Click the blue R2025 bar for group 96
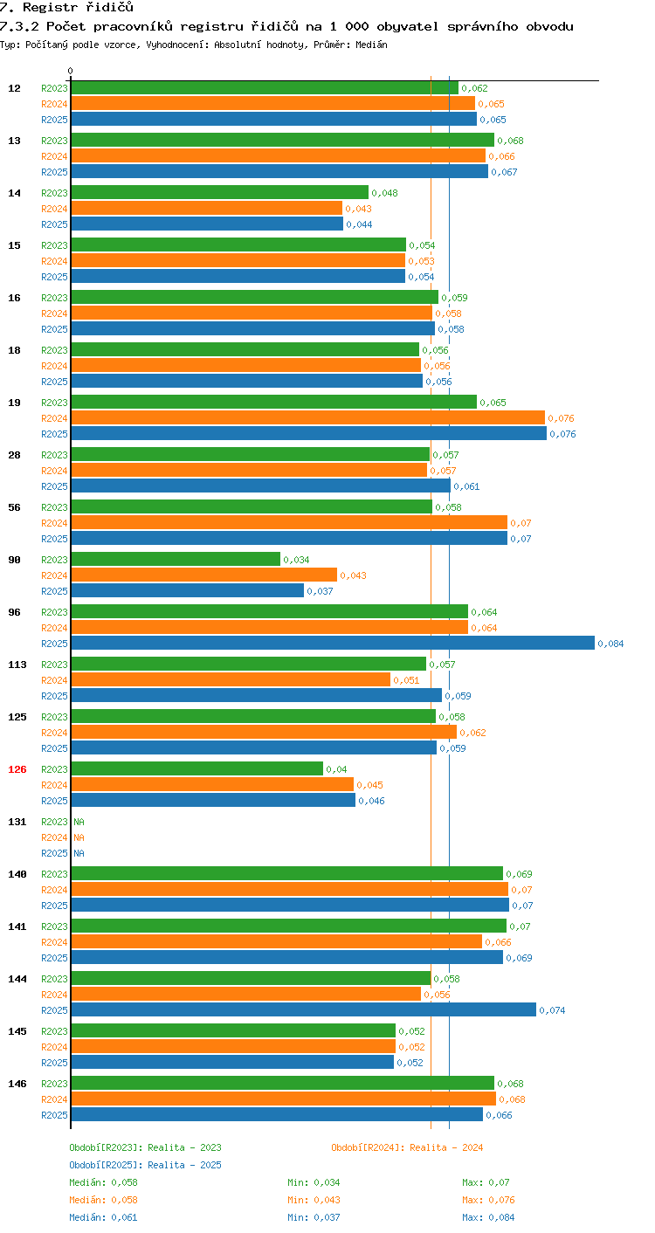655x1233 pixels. click(x=333, y=643)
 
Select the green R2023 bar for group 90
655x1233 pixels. click(x=176, y=559)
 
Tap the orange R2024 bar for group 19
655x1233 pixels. click(x=308, y=417)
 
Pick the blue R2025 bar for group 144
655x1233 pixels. click(x=304, y=1009)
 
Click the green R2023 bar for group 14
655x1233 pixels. click(x=219, y=193)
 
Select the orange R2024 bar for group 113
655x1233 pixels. click(x=231, y=679)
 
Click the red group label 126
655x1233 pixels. click(x=17, y=769)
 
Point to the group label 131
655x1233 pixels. click(x=17, y=821)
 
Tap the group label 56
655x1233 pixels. click(x=14, y=507)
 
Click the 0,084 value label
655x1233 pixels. click(x=610, y=644)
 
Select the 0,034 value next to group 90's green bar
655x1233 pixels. click(x=296, y=560)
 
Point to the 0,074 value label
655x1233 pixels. click(x=552, y=1010)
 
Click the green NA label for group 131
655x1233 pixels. click(x=79, y=821)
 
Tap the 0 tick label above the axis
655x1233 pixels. click(x=71, y=71)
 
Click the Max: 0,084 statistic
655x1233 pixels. click(x=488, y=1217)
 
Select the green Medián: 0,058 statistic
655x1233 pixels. click(x=103, y=1181)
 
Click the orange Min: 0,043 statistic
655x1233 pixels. click(x=314, y=1200)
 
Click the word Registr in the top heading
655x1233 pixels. click(x=50, y=7)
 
